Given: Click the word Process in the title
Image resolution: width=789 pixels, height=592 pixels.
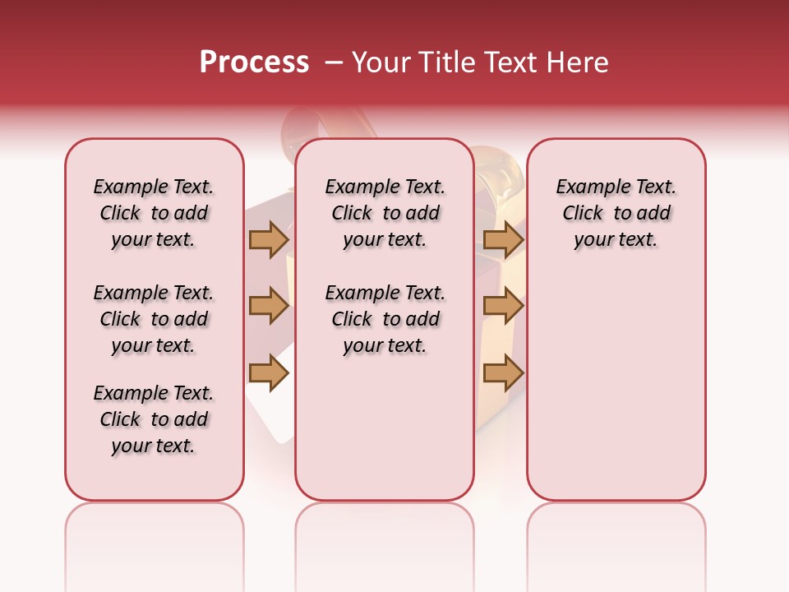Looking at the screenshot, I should [254, 62].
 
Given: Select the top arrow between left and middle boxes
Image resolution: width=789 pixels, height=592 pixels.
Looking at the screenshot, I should [269, 239].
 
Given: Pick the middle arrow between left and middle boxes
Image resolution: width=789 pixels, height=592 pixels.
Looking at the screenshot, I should [269, 306].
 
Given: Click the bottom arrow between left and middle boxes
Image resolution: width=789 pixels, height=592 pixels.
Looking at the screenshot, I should [269, 373].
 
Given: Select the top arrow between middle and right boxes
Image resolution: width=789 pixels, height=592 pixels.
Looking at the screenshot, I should [503, 239].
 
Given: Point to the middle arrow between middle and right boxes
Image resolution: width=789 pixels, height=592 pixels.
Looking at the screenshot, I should [503, 306].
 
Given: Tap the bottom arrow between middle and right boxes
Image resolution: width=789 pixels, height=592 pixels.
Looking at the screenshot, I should [503, 373].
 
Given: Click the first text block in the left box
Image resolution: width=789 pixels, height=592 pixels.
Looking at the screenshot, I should [154, 213].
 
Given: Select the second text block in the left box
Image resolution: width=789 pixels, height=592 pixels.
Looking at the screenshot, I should [154, 319].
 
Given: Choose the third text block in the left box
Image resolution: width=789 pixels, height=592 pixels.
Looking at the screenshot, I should [154, 419].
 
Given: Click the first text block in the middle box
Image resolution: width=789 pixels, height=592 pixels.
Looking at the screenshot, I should [385, 213].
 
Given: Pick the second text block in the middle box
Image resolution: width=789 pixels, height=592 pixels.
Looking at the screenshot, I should [385, 319].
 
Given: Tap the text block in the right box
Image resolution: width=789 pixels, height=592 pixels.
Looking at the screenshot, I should [616, 213].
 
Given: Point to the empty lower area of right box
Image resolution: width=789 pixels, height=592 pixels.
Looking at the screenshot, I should [616, 395].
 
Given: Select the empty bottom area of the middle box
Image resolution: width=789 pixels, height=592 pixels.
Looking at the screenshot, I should [385, 436].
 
